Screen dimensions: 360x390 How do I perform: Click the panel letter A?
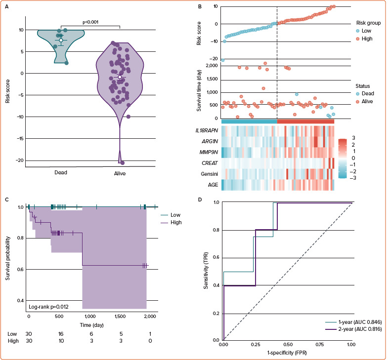pyautogui.click(x=6, y=7)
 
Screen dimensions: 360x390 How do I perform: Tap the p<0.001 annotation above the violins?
pyautogui.click(x=90, y=22)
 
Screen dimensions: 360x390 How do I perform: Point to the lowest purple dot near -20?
pyautogui.click(x=122, y=163)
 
